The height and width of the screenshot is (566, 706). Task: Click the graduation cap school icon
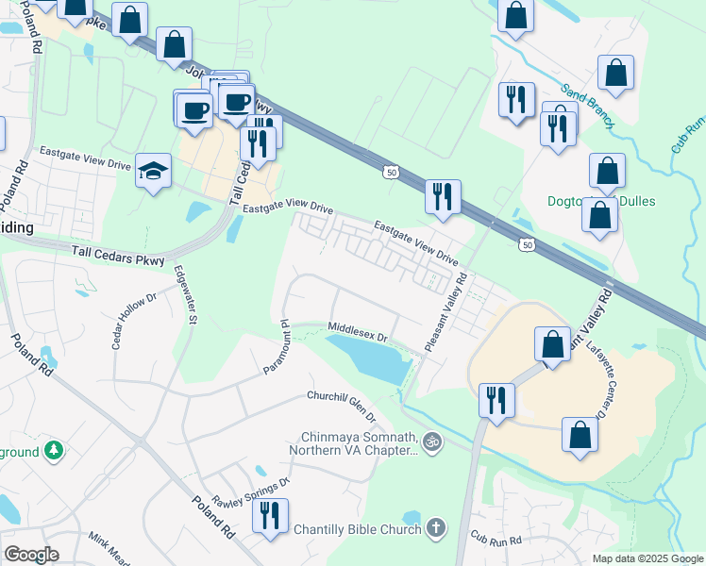tap(153, 172)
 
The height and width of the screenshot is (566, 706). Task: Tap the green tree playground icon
tap(55, 451)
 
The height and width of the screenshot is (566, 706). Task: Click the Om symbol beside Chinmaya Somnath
tap(432, 440)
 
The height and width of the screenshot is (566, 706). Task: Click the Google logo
tap(31, 555)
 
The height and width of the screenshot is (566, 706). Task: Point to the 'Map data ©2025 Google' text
tap(647, 558)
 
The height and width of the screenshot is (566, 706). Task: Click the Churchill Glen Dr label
tap(341, 406)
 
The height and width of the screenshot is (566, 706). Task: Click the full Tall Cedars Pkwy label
tap(118, 255)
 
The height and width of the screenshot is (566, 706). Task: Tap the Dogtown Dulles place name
tap(601, 201)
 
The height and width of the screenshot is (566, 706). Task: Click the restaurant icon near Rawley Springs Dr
tap(271, 516)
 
